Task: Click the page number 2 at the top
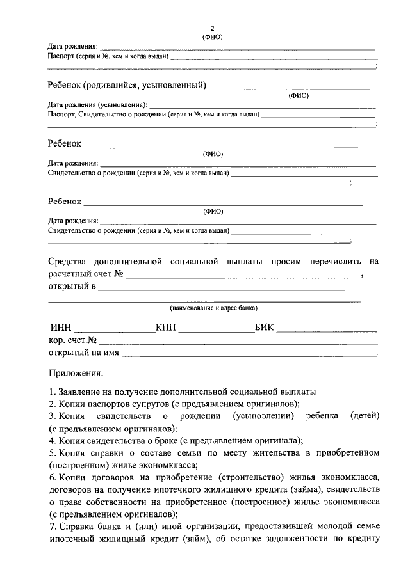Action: point(212,29)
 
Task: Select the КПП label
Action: point(167,328)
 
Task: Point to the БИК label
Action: point(264,328)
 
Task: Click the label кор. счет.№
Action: point(72,340)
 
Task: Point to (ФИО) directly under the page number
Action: point(212,37)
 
